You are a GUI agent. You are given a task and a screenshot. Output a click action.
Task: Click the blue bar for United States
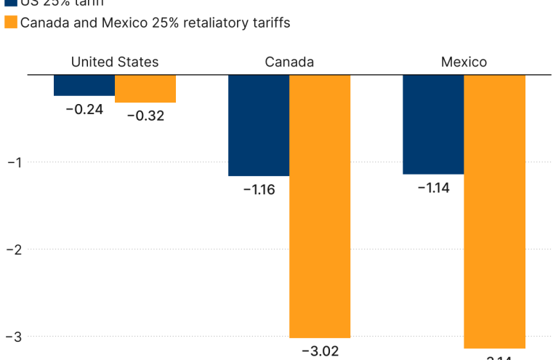tap(84, 85)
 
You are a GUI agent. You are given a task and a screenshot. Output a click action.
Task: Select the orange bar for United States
tap(145, 89)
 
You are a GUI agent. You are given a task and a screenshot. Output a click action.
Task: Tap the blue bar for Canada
tap(259, 125)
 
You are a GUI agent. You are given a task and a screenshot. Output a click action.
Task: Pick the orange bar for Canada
tap(320, 206)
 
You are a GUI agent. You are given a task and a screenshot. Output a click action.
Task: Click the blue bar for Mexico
tap(433, 124)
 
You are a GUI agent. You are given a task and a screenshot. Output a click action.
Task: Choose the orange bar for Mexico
tap(494, 211)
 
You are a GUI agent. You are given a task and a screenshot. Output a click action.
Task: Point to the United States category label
tap(115, 62)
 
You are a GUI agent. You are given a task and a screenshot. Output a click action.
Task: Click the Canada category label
tap(289, 62)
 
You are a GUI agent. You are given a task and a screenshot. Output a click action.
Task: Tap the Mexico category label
tap(464, 62)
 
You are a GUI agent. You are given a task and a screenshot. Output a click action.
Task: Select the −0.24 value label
tap(84, 110)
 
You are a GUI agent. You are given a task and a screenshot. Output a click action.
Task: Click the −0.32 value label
tap(145, 116)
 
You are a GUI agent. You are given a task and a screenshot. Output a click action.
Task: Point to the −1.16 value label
tap(259, 190)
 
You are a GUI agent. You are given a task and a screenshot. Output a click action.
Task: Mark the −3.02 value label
tap(320, 351)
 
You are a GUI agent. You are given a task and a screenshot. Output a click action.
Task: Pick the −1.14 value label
tap(433, 188)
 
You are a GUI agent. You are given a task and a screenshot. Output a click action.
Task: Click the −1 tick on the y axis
tap(15, 162)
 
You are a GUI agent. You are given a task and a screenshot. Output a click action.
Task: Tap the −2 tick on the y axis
tap(15, 249)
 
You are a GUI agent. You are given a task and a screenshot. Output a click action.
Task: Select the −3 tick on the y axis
tap(15, 337)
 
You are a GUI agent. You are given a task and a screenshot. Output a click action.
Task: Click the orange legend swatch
tap(11, 23)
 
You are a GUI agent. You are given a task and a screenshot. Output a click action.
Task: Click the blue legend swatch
tap(11, 2)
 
